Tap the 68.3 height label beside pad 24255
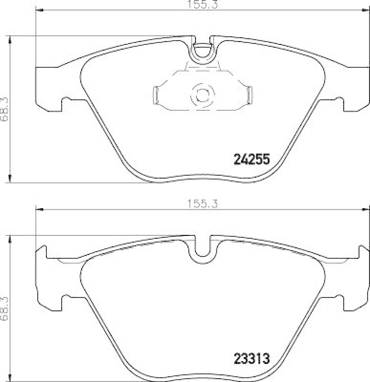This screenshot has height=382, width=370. (5, 110)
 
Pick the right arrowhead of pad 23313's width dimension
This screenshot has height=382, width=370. (366, 209)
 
